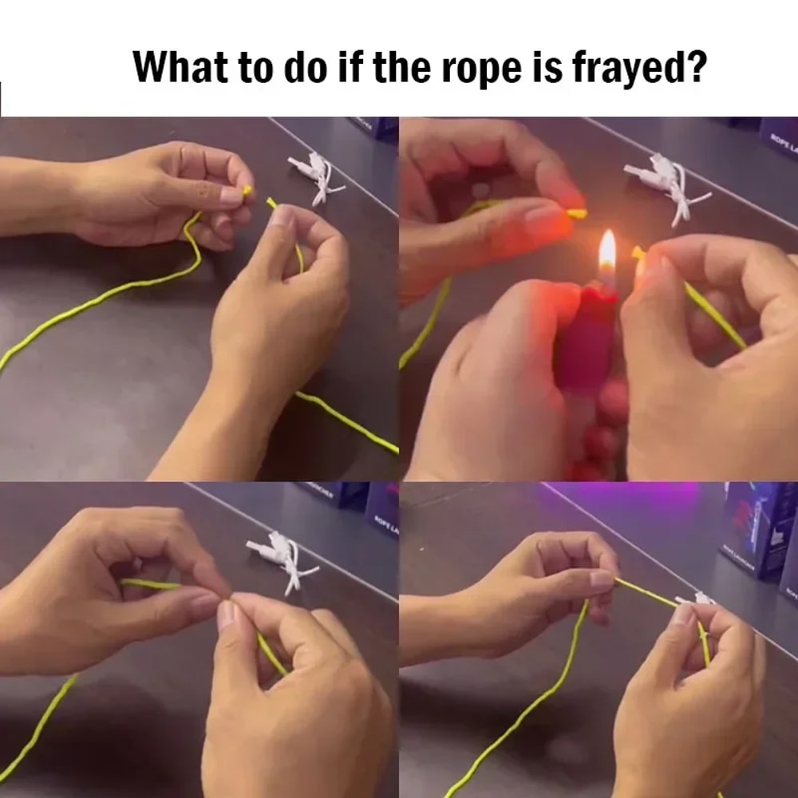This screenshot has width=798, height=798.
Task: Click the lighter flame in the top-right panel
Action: click(607, 251)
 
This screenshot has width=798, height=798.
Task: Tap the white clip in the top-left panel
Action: click(315, 173)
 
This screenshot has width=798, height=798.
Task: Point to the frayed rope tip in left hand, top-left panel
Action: click(247, 191)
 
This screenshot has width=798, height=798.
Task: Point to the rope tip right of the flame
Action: click(638, 254)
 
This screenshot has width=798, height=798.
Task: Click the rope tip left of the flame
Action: click(579, 214)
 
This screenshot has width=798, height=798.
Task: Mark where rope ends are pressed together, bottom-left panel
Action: click(230, 597)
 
